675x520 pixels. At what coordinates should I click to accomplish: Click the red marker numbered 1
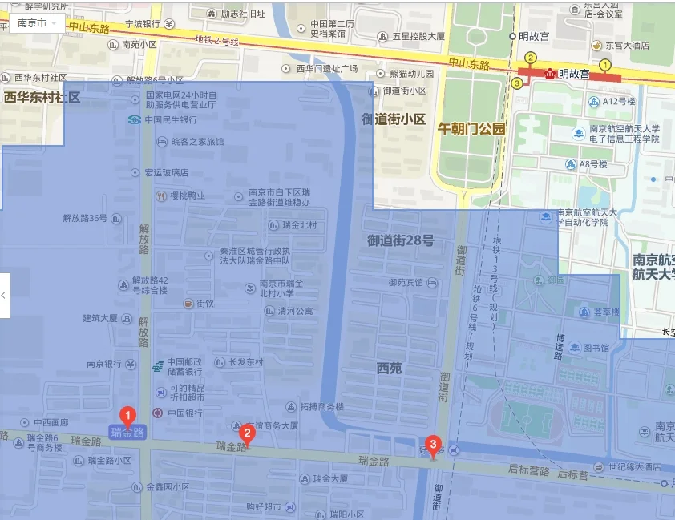127,416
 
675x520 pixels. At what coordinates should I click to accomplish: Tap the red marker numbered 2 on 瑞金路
248,435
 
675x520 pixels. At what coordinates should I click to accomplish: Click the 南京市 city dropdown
36,22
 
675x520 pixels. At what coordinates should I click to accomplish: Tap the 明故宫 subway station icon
550,74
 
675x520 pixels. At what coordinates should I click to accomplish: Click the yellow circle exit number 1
605,64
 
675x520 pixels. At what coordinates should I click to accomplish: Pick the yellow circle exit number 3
517,83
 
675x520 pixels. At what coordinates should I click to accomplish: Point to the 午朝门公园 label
471,128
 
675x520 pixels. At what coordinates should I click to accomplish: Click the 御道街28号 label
400,240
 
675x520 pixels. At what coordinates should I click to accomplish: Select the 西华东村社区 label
42,98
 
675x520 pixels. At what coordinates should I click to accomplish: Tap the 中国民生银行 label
170,120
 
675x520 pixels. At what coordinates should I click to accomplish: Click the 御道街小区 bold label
394,119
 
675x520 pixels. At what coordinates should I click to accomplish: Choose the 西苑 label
389,368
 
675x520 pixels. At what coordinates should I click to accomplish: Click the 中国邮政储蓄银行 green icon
157,367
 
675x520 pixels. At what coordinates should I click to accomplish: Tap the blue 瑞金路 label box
127,433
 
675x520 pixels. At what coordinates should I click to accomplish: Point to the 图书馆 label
596,348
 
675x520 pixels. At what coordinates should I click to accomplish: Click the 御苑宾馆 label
406,282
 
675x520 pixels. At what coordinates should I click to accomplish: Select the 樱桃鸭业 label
188,196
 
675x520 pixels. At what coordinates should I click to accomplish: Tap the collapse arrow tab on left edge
4,295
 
